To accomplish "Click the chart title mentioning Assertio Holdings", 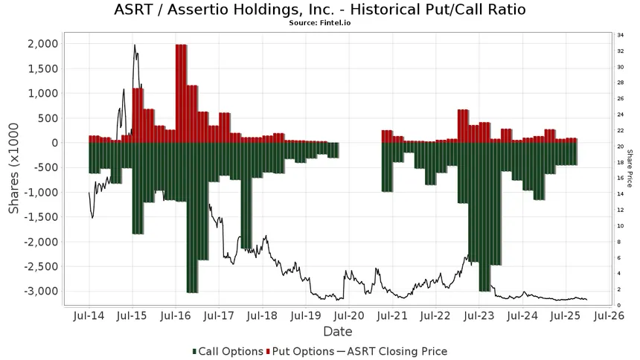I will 320,10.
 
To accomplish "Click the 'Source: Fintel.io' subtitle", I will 320,24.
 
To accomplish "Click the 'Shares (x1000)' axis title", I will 14,167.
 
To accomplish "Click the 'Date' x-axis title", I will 337,332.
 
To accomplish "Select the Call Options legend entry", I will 228,351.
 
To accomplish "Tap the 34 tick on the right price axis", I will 620,35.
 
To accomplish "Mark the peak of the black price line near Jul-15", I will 135,45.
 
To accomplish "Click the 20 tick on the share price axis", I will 620,147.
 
